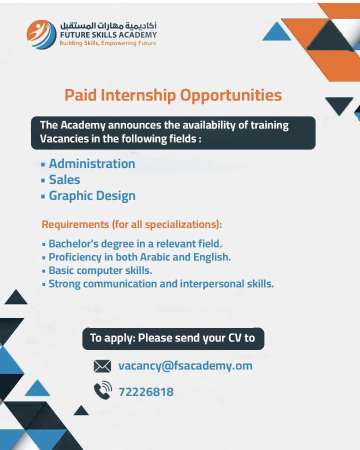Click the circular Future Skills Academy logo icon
click(x=41, y=34)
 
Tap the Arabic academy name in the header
click(x=108, y=25)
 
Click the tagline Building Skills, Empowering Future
click(x=108, y=43)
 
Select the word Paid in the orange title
click(x=80, y=95)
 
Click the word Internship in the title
click(x=138, y=95)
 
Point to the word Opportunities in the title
click(x=231, y=95)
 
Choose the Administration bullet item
click(x=92, y=163)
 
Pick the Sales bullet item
click(x=64, y=179)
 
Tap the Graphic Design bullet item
click(x=92, y=196)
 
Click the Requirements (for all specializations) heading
click(x=132, y=224)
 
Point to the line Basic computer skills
click(x=100, y=270)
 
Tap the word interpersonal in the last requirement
click(x=212, y=284)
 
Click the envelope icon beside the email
click(x=102, y=366)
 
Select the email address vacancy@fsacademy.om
click(x=185, y=366)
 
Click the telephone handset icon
click(x=103, y=390)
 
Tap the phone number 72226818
click(x=146, y=392)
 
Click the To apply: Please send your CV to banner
click(x=173, y=338)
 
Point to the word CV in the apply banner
click(x=235, y=338)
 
